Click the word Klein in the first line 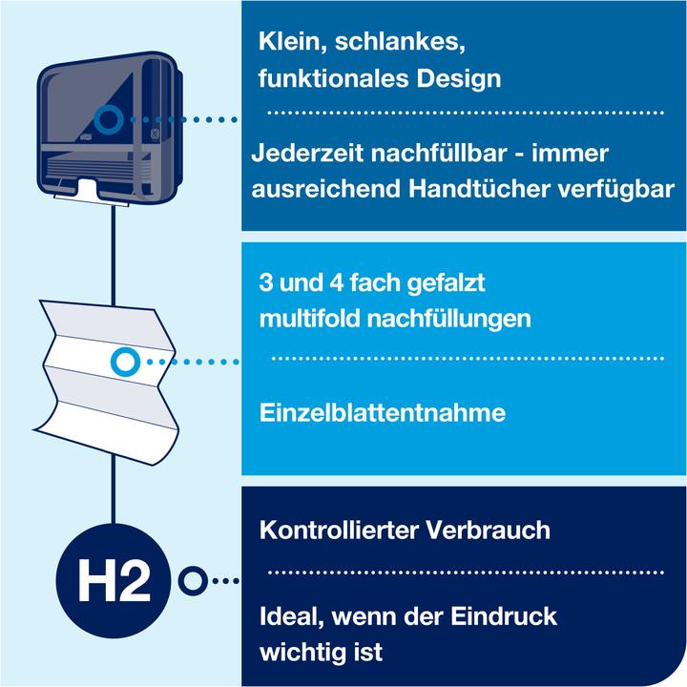coord(288,44)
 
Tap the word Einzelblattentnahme coord(382,413)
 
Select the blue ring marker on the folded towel coord(124,362)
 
